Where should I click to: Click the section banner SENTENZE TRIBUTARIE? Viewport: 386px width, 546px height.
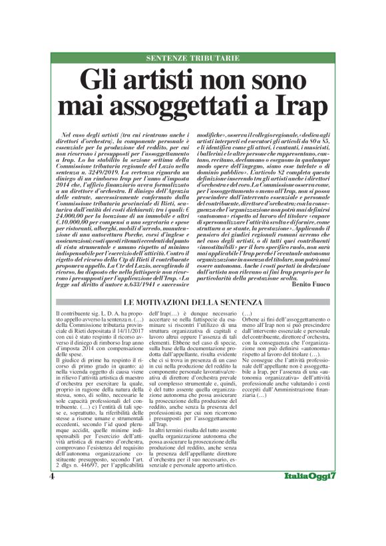193,59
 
